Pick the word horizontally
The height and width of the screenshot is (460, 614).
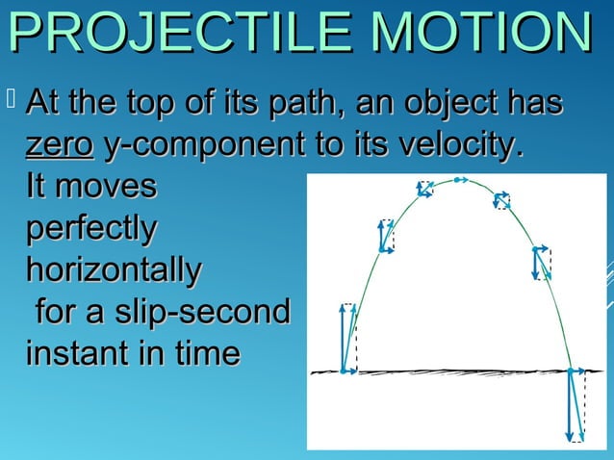(114, 270)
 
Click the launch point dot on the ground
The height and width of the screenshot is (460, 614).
(344, 371)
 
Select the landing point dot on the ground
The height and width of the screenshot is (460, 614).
(570, 371)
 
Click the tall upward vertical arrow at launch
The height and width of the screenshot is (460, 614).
(344, 337)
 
